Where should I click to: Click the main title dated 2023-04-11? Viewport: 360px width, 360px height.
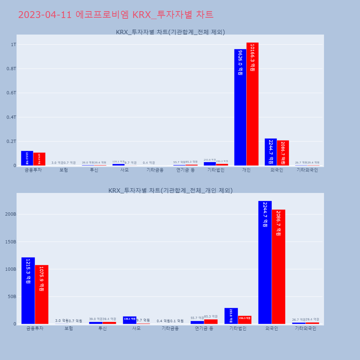(x=116, y=15)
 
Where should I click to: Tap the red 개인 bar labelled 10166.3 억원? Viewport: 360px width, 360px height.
(x=252, y=104)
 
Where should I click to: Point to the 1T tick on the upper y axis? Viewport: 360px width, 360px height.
(x=14, y=45)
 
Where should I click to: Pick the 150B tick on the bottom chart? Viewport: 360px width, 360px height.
(x=10, y=242)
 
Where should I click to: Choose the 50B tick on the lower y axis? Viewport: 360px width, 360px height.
(x=12, y=297)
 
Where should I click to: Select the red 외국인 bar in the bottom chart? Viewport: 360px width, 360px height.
(x=278, y=266)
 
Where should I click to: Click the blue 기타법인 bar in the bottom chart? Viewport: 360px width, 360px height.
(x=231, y=316)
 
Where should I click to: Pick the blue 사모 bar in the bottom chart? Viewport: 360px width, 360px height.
(x=130, y=320)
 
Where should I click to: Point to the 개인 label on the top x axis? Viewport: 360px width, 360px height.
(x=246, y=170)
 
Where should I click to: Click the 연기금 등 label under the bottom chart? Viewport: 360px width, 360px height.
(x=204, y=328)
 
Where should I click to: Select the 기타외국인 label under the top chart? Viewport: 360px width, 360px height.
(x=307, y=170)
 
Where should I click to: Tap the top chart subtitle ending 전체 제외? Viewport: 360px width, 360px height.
(x=170, y=32)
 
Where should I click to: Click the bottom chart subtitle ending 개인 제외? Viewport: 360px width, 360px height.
(x=170, y=190)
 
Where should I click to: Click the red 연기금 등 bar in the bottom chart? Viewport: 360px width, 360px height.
(x=211, y=321)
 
